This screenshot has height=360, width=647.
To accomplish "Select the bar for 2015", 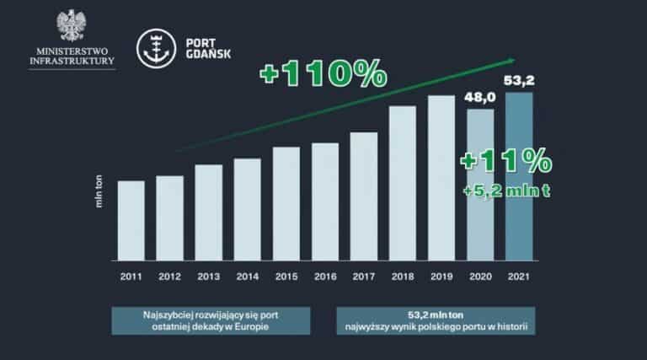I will click(x=286, y=204).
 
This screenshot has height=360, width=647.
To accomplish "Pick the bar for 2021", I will click(x=519, y=177).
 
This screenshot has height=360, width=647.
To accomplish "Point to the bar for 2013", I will click(x=209, y=212).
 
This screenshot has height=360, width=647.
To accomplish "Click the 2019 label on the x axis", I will click(x=441, y=275).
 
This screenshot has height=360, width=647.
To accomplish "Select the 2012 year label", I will click(x=169, y=275).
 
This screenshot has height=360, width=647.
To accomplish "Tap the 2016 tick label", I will click(x=324, y=275).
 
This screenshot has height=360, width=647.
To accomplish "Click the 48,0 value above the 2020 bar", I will click(x=480, y=99).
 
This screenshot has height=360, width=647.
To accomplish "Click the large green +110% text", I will click(x=323, y=73).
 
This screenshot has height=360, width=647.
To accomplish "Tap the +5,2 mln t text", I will click(x=507, y=191).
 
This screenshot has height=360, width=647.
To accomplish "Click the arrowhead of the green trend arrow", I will click(x=510, y=60).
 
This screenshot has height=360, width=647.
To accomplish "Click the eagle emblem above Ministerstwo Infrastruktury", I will click(x=70, y=27).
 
